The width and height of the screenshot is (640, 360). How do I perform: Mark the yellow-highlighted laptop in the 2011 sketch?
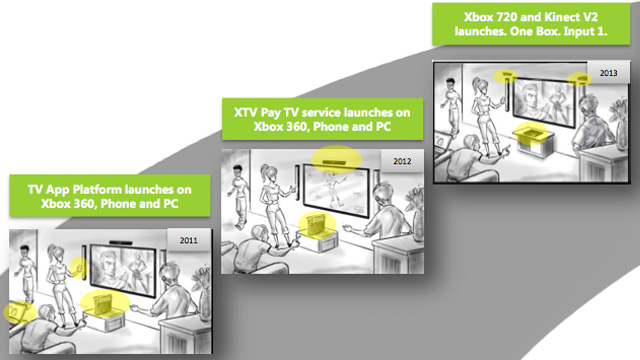tap(18, 312)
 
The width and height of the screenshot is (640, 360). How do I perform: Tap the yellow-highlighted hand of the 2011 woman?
tap(79, 265)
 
